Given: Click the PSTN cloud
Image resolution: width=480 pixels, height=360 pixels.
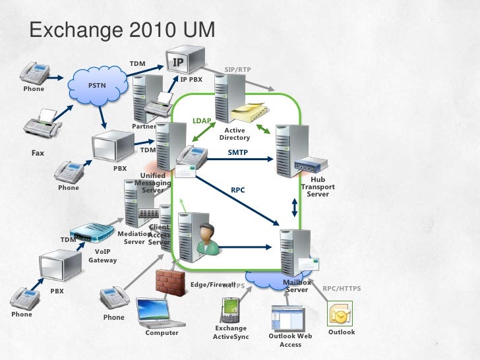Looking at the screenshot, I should [x=99, y=86].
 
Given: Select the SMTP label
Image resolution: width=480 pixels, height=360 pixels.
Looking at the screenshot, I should [x=238, y=152].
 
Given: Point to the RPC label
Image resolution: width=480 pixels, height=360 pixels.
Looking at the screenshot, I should [x=237, y=191].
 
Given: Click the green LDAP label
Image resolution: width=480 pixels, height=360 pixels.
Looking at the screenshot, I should [x=202, y=121].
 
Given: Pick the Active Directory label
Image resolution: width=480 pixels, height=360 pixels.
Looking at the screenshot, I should [x=234, y=135].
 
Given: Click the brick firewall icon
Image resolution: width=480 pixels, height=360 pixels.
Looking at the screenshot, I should [x=170, y=282].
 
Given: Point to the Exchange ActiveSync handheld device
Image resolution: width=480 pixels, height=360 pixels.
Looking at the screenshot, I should [x=230, y=309].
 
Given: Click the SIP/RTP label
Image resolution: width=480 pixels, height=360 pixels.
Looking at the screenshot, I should [x=237, y=69].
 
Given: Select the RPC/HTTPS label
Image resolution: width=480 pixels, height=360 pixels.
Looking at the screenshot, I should [x=342, y=288].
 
